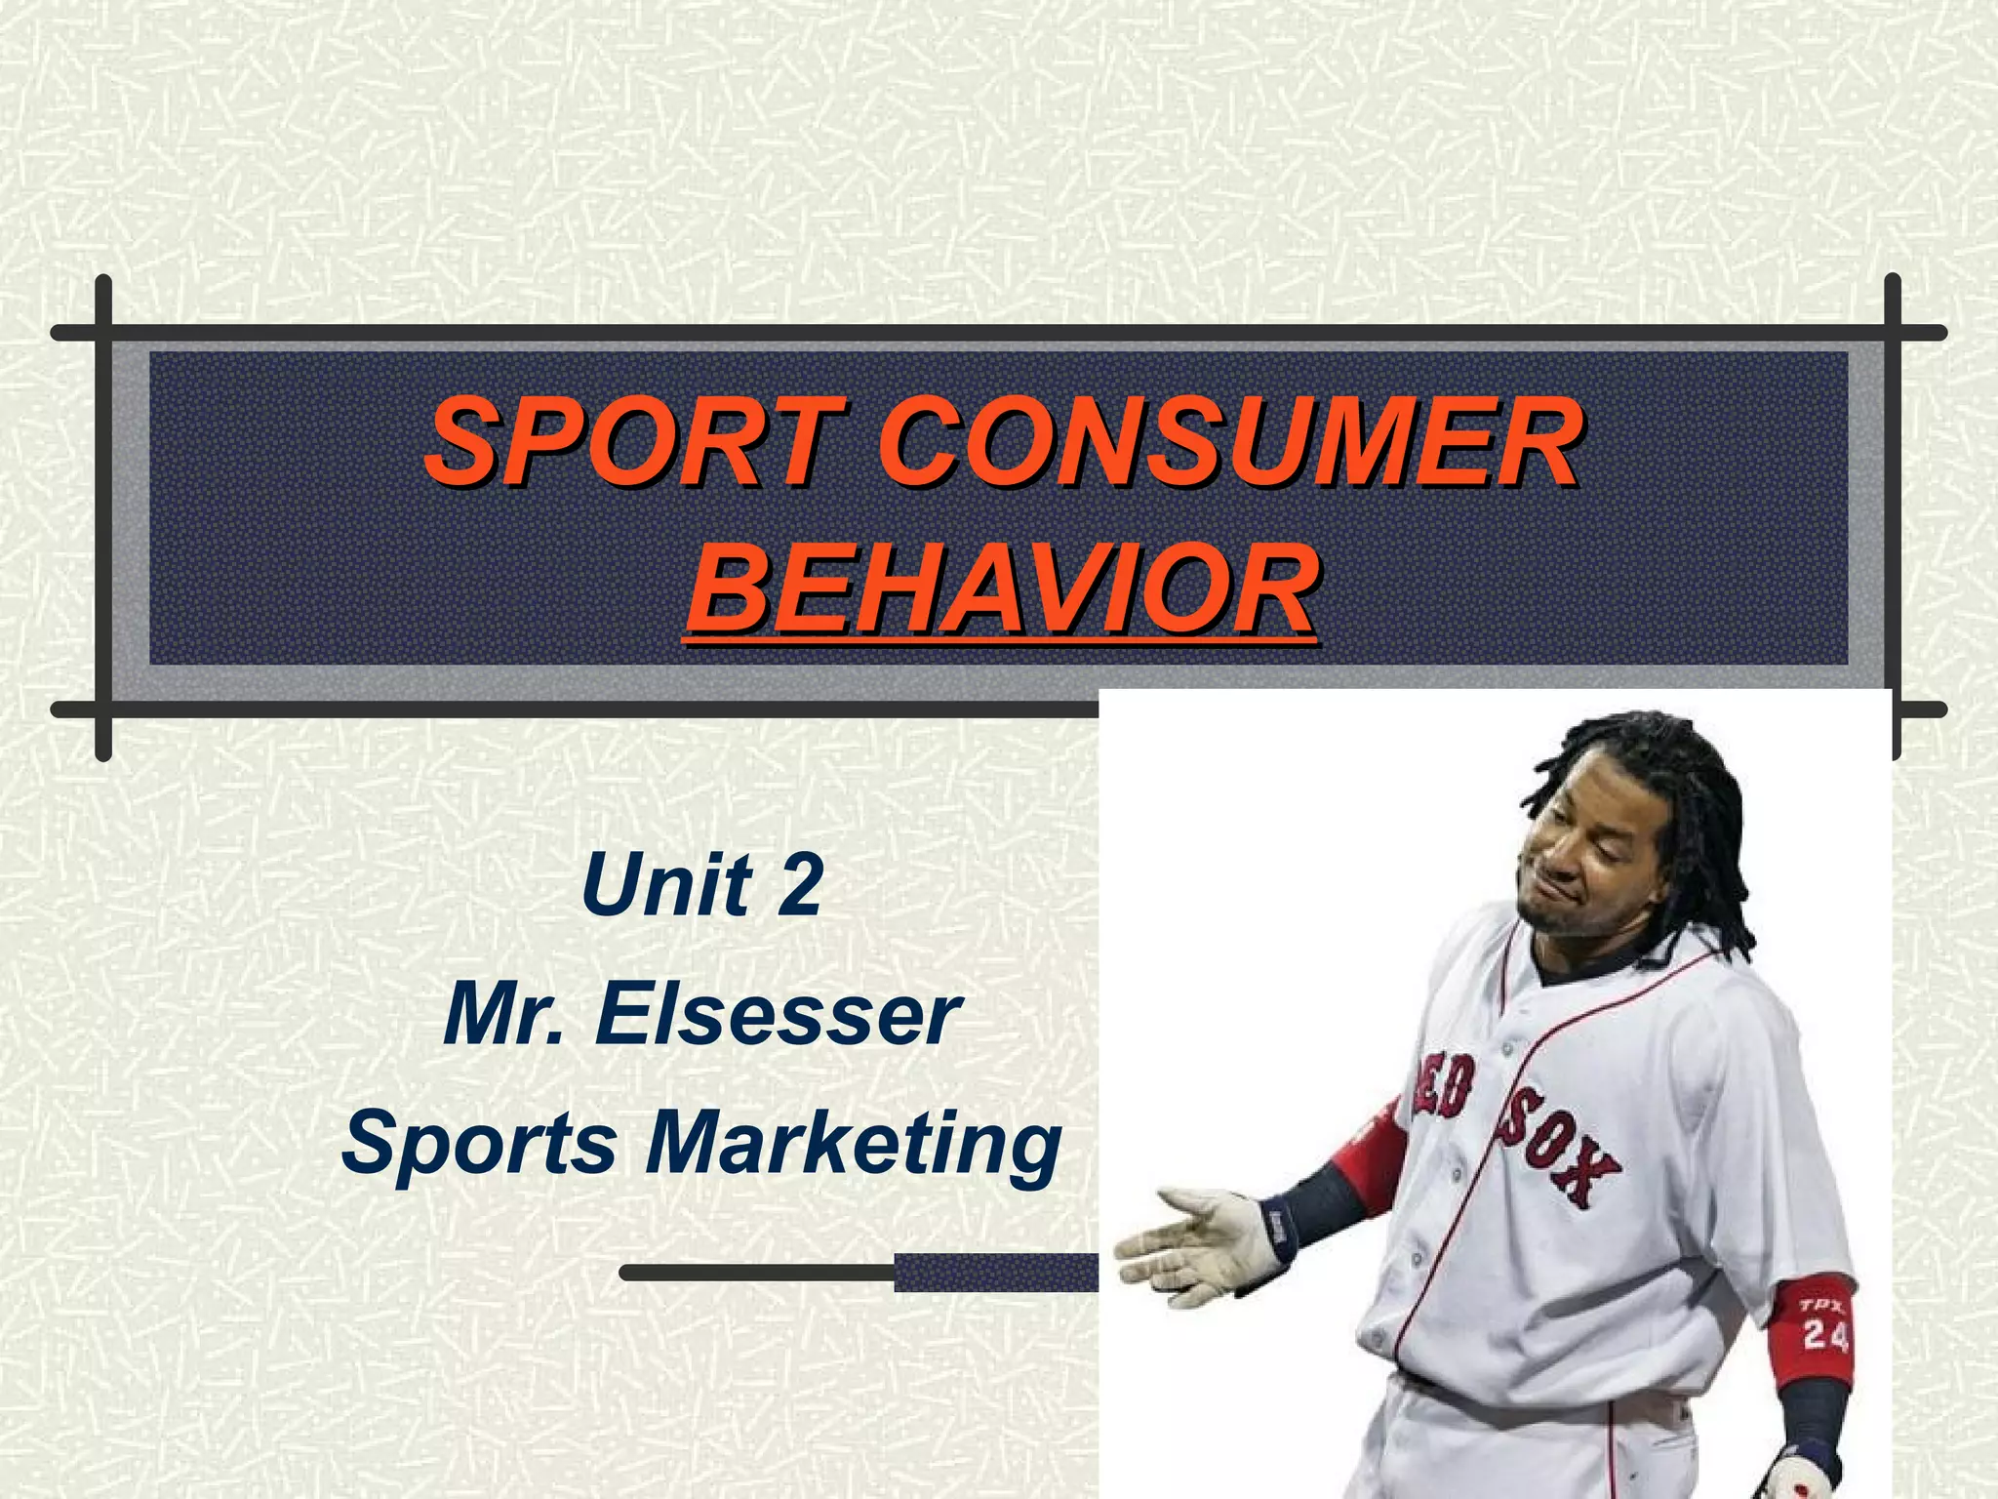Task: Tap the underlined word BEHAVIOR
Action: (x=1001, y=590)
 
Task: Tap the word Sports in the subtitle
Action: (x=479, y=1145)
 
